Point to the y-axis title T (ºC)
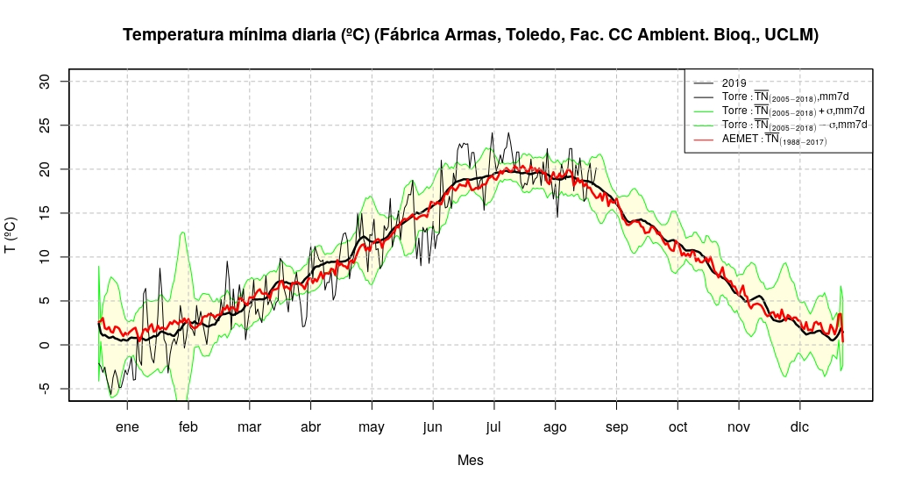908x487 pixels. click(11, 235)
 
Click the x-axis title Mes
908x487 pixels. click(470, 460)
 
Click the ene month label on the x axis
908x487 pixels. click(127, 427)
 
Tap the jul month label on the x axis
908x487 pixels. click(493, 427)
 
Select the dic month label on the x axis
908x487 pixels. click(799, 427)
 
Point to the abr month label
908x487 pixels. click(310, 427)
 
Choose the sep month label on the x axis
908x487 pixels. click(616, 427)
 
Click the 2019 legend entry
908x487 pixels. click(734, 83)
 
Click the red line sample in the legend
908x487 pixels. click(704, 139)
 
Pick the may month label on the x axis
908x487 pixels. click(372, 427)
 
